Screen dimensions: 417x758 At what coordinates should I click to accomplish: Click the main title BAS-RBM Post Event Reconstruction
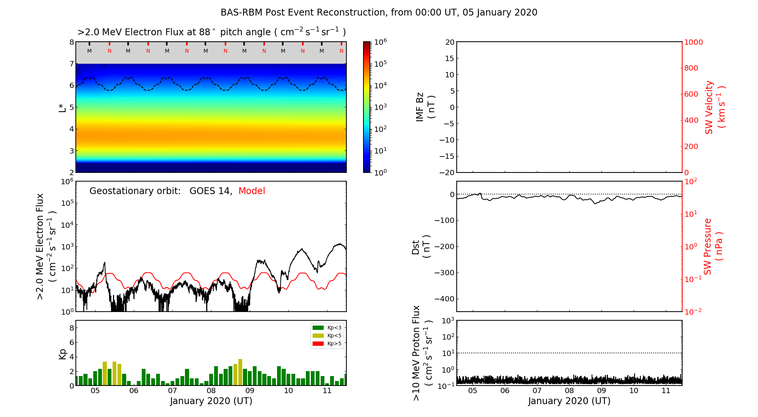(x=379, y=13)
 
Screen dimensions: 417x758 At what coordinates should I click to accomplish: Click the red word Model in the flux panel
(x=252, y=191)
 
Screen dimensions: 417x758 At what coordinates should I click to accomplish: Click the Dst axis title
(x=420, y=247)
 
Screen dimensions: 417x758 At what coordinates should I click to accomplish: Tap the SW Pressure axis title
(x=713, y=247)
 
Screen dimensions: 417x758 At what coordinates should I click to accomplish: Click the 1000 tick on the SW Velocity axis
(x=693, y=42)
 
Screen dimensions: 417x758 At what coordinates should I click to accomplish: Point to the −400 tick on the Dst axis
(x=444, y=299)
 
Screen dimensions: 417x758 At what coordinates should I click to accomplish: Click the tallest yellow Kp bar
(x=240, y=372)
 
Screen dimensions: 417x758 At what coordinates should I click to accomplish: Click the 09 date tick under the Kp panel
(x=250, y=391)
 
